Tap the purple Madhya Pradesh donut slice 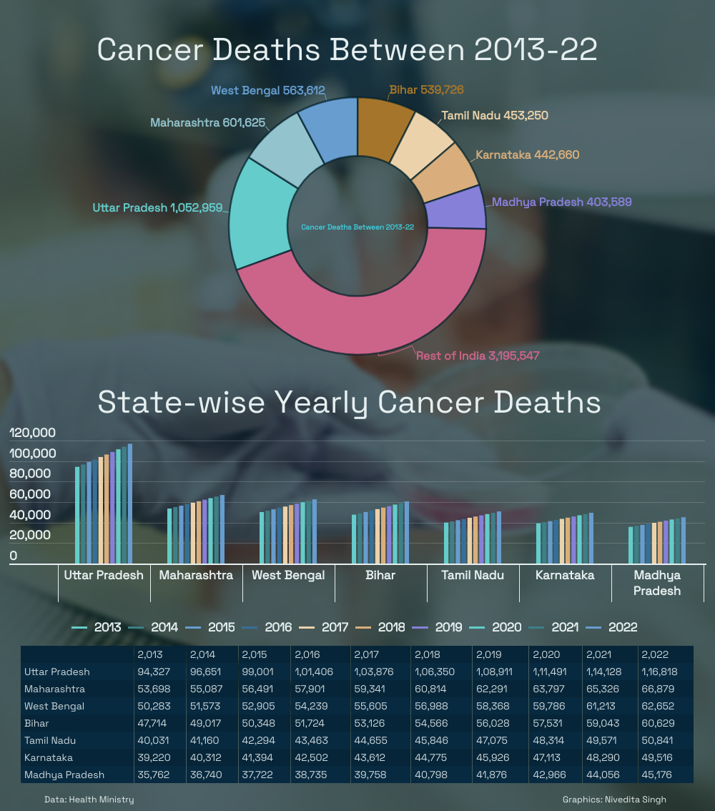tap(455, 208)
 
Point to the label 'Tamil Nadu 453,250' tap(495, 115)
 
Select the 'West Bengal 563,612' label tap(268, 91)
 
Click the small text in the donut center tap(357, 227)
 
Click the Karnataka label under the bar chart tap(565, 575)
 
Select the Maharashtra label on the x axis tap(196, 575)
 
